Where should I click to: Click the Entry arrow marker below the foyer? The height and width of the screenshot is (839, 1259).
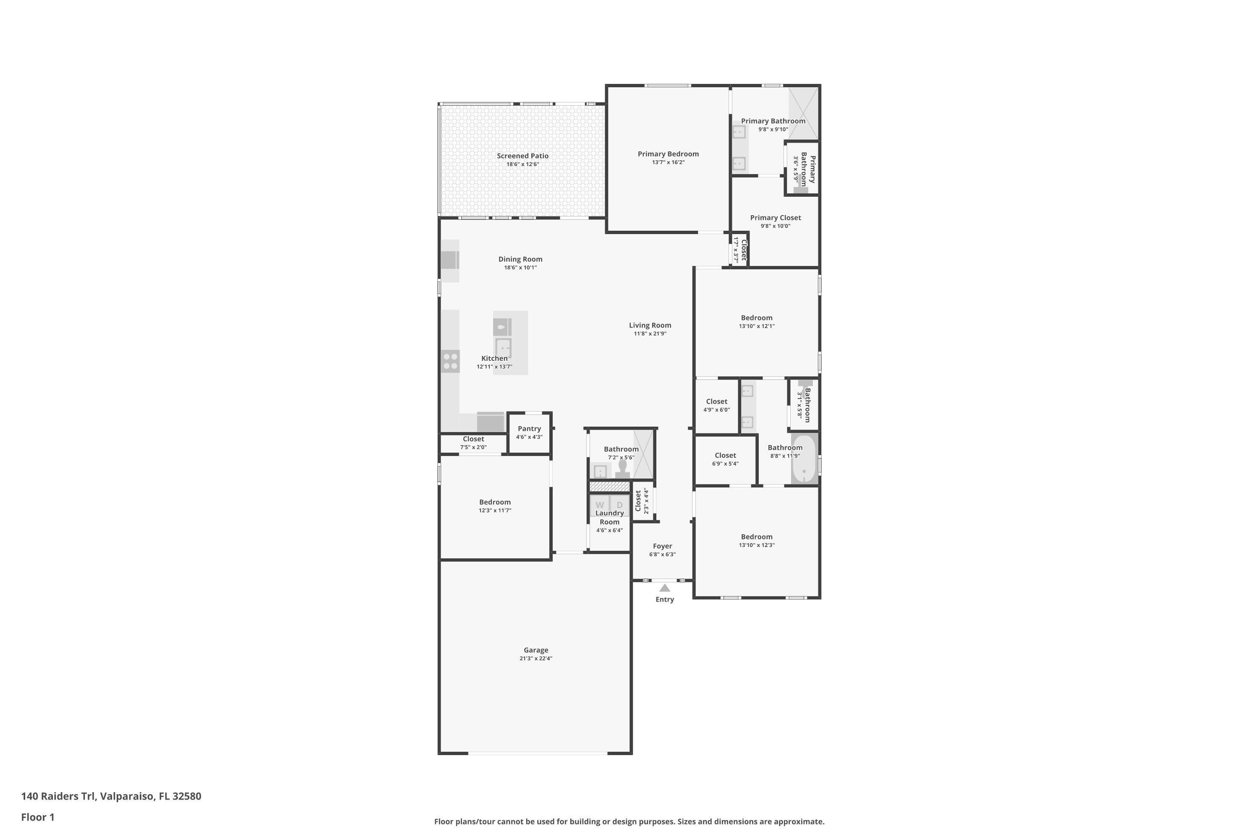664,588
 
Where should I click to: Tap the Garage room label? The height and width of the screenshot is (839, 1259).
536,650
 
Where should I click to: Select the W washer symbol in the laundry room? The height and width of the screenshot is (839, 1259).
600,505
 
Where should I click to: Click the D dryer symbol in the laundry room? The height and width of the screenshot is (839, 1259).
620,505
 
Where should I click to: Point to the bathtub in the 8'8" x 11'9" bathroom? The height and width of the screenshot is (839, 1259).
804,459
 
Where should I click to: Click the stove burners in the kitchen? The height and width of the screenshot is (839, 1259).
450,361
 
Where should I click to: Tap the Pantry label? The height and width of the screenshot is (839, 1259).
529,429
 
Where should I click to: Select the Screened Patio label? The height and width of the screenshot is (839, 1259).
522,156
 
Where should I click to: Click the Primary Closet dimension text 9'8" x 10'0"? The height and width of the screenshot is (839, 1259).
775,226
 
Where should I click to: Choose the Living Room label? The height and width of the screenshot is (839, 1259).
650,326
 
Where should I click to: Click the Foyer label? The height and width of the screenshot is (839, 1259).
662,546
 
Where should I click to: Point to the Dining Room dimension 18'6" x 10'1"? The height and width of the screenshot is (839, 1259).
520,268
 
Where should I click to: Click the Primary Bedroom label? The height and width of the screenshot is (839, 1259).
668,154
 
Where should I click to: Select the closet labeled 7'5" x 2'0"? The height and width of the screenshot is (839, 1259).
473,443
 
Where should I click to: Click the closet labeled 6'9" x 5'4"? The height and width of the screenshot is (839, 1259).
725,459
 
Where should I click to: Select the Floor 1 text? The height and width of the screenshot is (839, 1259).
37,817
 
